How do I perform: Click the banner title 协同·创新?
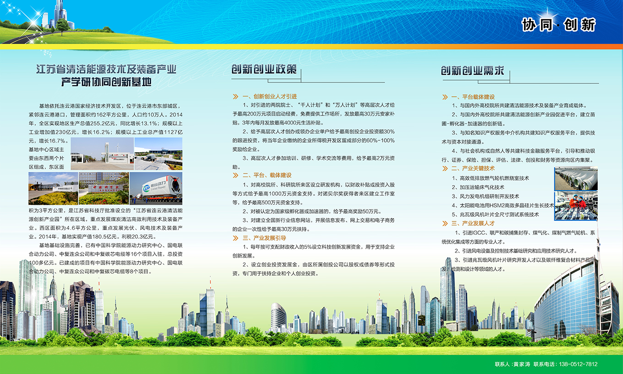[x=558, y=25]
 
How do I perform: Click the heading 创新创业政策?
[x=264, y=69]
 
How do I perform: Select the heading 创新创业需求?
[x=473, y=71]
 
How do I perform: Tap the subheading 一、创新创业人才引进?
[x=269, y=97]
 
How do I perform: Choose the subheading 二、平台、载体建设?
[x=267, y=175]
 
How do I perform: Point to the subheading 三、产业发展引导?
[x=264, y=238]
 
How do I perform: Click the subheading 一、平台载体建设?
[x=473, y=97]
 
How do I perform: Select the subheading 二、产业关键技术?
[x=473, y=168]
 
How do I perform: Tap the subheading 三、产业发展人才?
[x=473, y=223]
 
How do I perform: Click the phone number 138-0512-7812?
[x=578, y=364]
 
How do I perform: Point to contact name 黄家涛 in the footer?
[x=521, y=364]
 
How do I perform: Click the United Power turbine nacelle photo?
[x=156, y=188]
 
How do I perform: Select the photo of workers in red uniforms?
[x=576, y=206]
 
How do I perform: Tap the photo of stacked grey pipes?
[x=576, y=179]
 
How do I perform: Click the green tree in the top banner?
[x=63, y=26]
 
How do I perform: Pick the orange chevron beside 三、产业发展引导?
[x=235, y=238]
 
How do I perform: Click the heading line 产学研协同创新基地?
[x=106, y=82]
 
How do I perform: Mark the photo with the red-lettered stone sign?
[x=104, y=188]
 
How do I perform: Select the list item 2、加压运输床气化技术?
[x=478, y=187]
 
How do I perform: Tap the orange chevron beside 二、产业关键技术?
[x=445, y=169]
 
